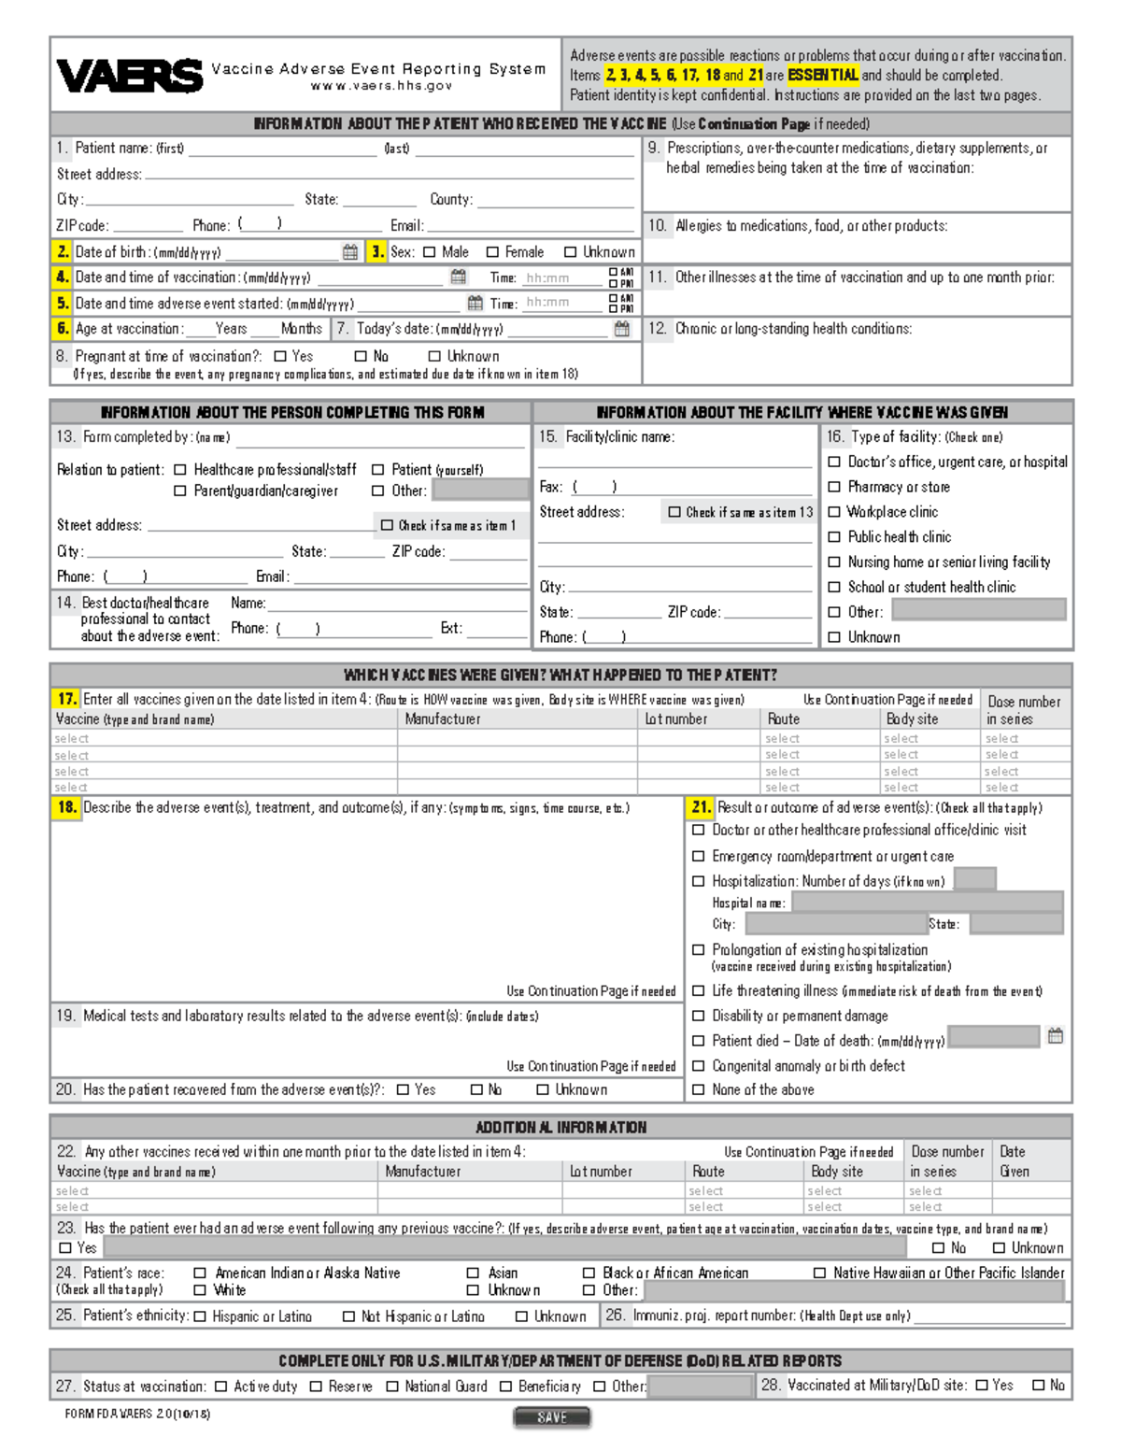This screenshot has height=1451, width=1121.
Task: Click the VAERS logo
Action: (x=129, y=76)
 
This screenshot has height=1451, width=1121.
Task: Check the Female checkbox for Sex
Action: (x=492, y=252)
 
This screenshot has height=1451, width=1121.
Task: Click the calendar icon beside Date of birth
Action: (x=350, y=252)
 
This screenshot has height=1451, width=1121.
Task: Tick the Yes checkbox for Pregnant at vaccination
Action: (x=280, y=356)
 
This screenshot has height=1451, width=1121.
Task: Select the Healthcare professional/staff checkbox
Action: (x=180, y=470)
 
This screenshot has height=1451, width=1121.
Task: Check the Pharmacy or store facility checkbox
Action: (x=834, y=487)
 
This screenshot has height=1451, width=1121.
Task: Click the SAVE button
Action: (x=552, y=1417)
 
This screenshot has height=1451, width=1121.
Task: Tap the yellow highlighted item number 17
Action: (x=66, y=699)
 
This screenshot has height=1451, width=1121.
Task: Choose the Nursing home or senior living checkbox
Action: (x=834, y=562)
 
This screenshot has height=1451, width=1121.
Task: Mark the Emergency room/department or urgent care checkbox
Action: (x=698, y=856)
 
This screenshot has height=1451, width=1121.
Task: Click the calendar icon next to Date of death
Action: (x=1056, y=1036)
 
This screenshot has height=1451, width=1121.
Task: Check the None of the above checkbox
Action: (x=698, y=1089)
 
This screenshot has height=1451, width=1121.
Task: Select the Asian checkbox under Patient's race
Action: (x=474, y=1273)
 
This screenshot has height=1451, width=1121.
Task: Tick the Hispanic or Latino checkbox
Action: (x=200, y=1316)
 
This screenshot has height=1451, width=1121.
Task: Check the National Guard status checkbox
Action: (x=392, y=1387)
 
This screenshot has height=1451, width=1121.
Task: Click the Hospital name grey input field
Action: (x=927, y=902)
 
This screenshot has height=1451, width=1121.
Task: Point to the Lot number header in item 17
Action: (x=675, y=719)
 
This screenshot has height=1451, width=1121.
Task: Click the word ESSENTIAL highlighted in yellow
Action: (x=822, y=76)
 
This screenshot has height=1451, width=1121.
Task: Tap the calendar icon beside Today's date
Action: (x=622, y=329)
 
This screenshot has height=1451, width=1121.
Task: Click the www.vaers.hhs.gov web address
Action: (x=381, y=86)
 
